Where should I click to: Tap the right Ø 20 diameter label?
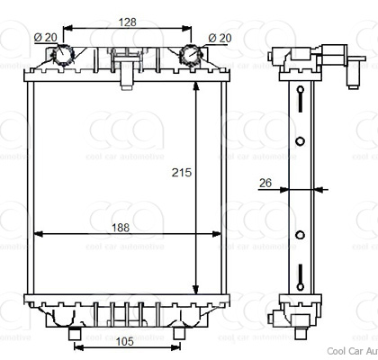217,36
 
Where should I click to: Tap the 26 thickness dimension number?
265,183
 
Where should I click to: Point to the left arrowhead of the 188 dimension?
38,236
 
